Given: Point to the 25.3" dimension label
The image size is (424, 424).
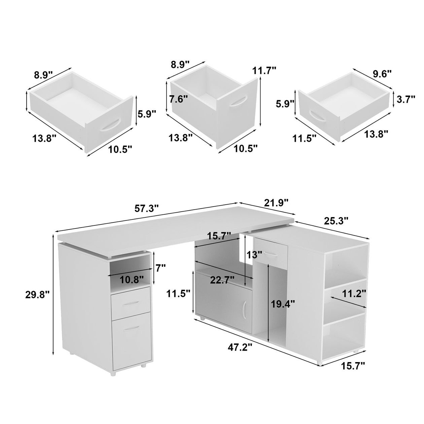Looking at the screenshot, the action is [336, 220].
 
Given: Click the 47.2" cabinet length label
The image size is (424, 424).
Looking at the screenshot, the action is [240, 354].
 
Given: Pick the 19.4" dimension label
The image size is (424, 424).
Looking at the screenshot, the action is [283, 304].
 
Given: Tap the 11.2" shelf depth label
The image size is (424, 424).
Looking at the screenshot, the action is [354, 293].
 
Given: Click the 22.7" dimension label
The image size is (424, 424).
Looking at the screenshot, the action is [222, 280].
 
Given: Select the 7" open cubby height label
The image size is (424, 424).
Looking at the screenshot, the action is [161, 268].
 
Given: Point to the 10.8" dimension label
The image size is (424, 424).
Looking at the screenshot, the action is [131, 280].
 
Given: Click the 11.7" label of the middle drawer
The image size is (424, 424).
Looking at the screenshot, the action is [264, 71].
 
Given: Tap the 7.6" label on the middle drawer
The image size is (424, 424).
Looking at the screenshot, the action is [178, 99].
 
